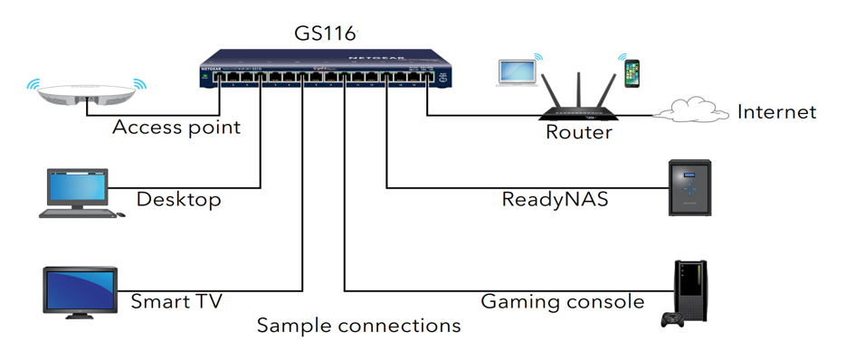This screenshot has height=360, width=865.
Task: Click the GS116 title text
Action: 326,33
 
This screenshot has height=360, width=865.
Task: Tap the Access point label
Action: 176,128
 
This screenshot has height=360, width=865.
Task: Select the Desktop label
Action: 178,199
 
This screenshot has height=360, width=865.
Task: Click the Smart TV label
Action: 176,301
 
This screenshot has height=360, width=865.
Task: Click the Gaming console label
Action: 562,301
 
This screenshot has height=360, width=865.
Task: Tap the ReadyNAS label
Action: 555,199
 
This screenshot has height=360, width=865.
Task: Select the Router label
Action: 579,133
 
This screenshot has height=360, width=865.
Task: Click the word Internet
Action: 776,112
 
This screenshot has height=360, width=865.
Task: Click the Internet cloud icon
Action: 690,112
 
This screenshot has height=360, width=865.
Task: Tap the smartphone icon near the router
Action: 632,73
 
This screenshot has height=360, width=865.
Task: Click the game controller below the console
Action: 672,319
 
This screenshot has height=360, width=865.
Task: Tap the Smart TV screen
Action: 81,289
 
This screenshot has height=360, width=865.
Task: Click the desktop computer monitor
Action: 77,188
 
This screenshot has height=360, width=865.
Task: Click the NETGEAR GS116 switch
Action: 326,72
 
